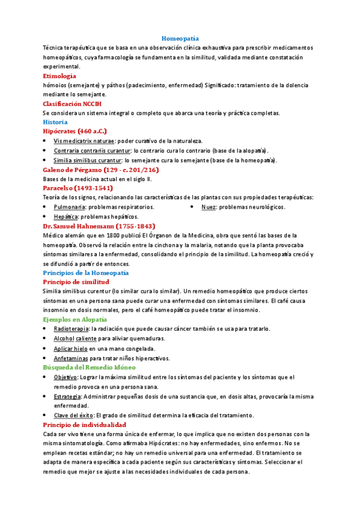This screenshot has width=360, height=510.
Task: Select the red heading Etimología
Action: pos(59,76)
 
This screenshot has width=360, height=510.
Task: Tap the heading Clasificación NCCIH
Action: pos(72,103)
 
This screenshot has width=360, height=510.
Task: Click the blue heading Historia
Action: pos(55,121)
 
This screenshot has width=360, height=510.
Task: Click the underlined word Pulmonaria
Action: pos(70,207)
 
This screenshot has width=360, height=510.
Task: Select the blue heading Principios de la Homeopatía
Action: pos(85,272)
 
